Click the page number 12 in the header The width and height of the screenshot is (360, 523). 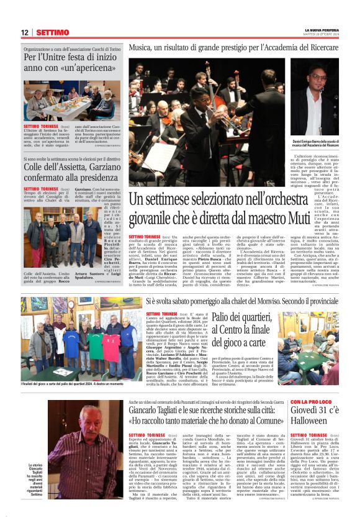24,32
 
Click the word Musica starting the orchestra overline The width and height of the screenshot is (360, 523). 142,47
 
